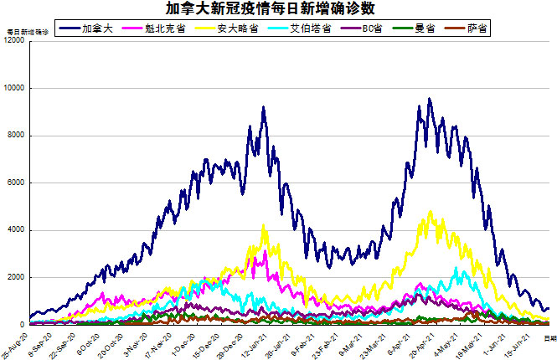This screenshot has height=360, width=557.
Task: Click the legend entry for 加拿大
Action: pyautogui.click(x=106, y=28)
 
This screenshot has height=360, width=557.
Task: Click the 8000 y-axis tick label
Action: pyautogui.click(x=16, y=136)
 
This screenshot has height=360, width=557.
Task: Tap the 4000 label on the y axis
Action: pyautogui.click(x=16, y=230)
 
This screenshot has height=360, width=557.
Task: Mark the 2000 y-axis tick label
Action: pyautogui.click(x=16, y=277)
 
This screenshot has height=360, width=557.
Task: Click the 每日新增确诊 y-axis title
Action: pyautogui.click(x=27, y=32)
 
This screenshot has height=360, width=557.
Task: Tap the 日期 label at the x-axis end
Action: pyautogui.click(x=549, y=337)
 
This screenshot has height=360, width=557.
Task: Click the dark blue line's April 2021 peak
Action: pyautogui.click(x=430, y=99)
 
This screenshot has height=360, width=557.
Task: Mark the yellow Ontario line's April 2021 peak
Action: pyautogui.click(x=431, y=212)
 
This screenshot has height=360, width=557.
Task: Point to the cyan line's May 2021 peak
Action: pyautogui.click(x=456, y=268)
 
